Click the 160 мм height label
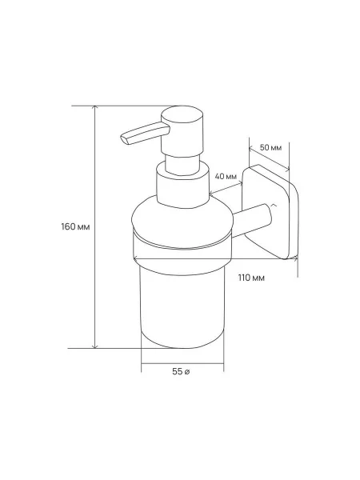75,227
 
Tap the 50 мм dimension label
270,147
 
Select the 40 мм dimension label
226,177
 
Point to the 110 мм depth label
251,278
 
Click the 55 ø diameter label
181,372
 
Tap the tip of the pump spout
123,138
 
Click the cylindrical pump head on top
182,132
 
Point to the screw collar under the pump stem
182,186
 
